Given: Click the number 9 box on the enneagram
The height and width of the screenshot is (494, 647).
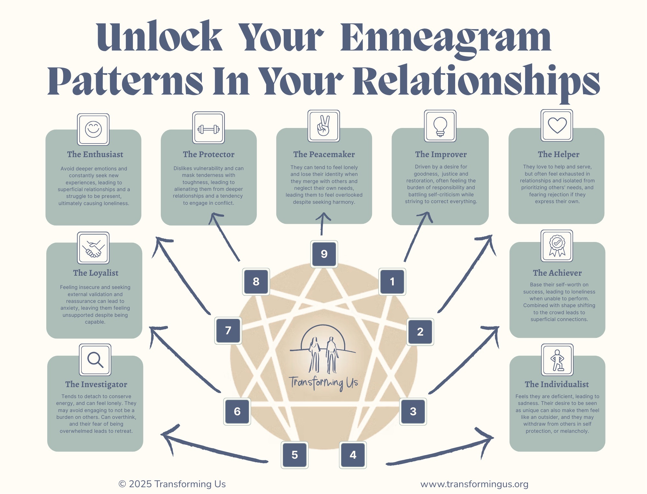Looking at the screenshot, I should (x=324, y=254).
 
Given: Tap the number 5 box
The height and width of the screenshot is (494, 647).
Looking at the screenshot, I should (x=294, y=455).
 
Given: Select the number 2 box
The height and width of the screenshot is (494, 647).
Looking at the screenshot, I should (x=420, y=332).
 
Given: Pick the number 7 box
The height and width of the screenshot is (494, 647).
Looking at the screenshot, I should (x=228, y=330).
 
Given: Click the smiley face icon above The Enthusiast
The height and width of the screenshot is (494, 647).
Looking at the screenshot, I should (x=93, y=129).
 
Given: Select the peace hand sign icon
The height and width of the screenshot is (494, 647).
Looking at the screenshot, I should (x=323, y=126).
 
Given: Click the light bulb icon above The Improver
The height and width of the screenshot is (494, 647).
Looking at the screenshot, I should (x=440, y=126).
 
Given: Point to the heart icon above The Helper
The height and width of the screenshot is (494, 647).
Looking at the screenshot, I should (x=557, y=125).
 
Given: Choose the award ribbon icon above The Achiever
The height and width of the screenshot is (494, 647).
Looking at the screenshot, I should (x=557, y=246).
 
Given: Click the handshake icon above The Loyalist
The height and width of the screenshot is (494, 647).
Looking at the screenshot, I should (x=93, y=248).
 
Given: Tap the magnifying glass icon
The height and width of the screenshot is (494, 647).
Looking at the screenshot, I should (x=95, y=360).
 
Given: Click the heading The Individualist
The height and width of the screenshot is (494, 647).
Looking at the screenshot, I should (x=557, y=384).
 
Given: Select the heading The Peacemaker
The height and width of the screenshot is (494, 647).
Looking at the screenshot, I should (x=324, y=154).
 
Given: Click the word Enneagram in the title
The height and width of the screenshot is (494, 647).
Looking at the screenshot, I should (x=446, y=38).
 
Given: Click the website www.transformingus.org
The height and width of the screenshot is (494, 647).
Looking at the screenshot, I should (x=474, y=484).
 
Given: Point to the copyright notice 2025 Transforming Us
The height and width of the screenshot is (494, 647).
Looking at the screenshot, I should (x=172, y=484).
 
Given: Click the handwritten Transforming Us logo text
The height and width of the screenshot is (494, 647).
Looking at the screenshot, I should (x=323, y=383).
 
